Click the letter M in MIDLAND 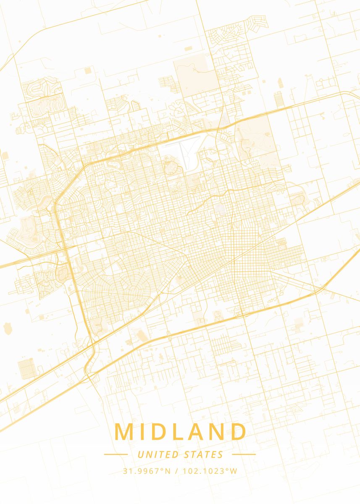[125, 432]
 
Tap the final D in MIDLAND [237, 432]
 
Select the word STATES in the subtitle [204, 454]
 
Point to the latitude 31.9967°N [147, 471]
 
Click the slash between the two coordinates [176, 471]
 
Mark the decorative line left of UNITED [116, 454]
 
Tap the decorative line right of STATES [244, 454]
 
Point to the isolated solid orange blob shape [8, 328]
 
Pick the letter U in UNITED [140, 454]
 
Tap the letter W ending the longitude [234, 471]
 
